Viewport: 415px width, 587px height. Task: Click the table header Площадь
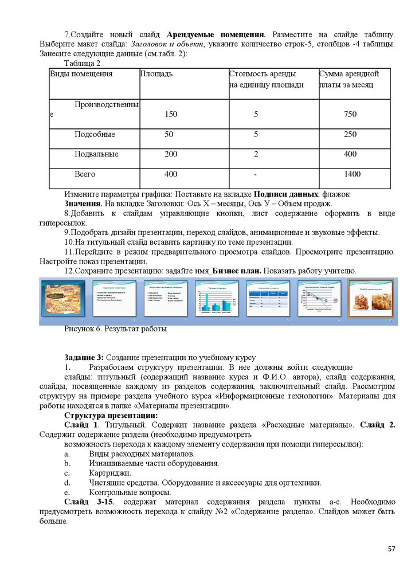tap(156, 74)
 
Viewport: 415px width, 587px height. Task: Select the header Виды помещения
tap(81, 74)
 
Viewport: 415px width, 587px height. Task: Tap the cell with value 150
tap(171, 115)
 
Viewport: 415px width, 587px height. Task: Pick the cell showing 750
tap(350, 115)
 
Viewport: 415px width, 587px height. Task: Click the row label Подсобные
tap(95, 135)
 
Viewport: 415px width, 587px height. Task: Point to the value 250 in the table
tap(350, 135)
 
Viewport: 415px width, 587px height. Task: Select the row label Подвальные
tap(96, 154)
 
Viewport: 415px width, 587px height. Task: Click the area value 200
tap(171, 154)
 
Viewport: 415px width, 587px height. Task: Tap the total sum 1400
tap(352, 174)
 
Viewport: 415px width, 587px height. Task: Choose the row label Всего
tap(85, 174)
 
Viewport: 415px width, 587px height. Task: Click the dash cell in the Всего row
tap(256, 174)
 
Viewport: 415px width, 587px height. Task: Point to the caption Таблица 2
tap(83, 64)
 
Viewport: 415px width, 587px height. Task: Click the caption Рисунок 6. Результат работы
tap(115, 330)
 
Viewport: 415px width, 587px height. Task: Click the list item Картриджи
tap(110, 473)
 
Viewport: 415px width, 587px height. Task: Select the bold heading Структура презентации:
tap(111, 416)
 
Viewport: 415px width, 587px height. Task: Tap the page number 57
tap(391, 549)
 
